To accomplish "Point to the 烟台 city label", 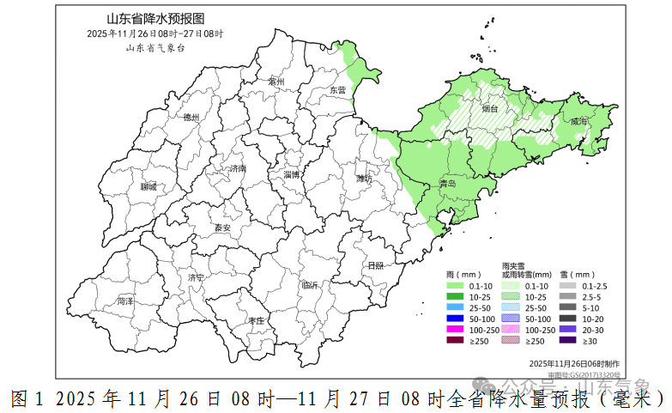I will [x=490, y=109].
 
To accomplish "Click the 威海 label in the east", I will [x=580, y=122].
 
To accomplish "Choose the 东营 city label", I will [x=338, y=89].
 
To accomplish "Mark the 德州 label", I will [x=191, y=117].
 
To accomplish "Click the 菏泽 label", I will [x=125, y=301].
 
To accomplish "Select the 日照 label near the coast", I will [x=375, y=265].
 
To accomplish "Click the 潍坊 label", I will [x=363, y=179].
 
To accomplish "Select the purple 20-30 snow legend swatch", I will [x=567, y=330].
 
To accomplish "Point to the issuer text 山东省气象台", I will [x=155, y=47].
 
